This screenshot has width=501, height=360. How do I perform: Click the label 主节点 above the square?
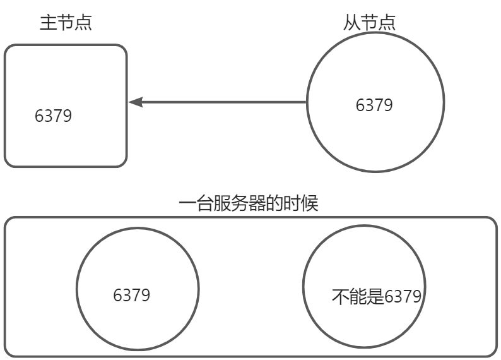(66, 23)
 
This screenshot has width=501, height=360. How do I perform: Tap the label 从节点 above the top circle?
(370, 23)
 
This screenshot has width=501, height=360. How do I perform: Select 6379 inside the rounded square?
(54, 116)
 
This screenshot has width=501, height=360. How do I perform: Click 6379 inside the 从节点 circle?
(374, 105)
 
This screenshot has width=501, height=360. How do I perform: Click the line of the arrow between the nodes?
(221, 102)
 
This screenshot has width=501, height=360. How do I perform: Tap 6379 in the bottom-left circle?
(132, 295)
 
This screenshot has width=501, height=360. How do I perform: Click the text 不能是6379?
(376, 296)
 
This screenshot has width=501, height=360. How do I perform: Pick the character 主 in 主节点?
(48, 23)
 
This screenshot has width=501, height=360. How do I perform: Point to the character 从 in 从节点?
(352, 23)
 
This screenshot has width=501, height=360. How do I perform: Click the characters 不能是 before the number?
(358, 296)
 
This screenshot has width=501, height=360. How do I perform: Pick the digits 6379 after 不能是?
(403, 296)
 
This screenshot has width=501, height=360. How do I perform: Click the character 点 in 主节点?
(83, 23)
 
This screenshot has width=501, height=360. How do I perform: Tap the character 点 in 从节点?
(387, 23)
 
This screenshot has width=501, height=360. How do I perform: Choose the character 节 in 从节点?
(370, 23)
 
